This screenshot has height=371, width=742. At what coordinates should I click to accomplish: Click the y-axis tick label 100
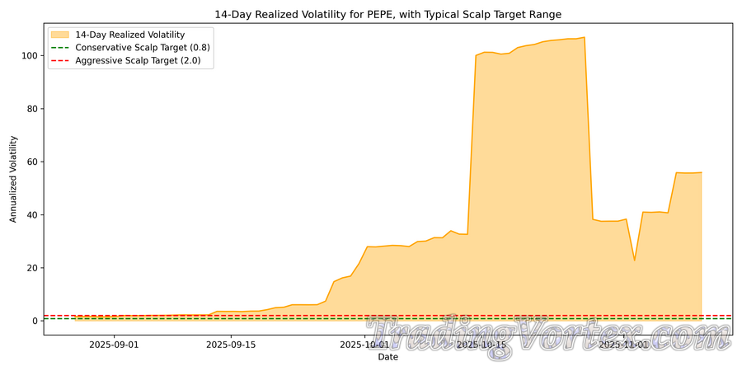pyautogui.click(x=30, y=55)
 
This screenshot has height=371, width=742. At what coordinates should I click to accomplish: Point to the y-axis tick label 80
pyautogui.click(x=32, y=109)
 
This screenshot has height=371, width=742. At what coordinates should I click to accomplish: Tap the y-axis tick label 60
pyautogui.click(x=32, y=162)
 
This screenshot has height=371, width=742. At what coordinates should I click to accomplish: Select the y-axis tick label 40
pyautogui.click(x=32, y=215)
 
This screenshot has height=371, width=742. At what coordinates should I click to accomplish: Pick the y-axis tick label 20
pyautogui.click(x=32, y=268)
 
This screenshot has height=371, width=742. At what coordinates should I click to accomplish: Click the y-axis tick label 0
pyautogui.click(x=35, y=321)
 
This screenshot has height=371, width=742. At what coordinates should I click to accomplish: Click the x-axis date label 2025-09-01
pyautogui.click(x=115, y=345)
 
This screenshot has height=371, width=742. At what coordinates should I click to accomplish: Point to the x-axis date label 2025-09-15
pyautogui.click(x=232, y=345)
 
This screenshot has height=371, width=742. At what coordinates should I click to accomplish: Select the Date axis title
pyautogui.click(x=387, y=357)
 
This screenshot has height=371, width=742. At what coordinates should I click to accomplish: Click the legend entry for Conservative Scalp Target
pyautogui.click(x=142, y=48)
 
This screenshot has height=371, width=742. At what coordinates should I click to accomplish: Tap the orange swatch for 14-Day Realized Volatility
pyautogui.click(x=60, y=35)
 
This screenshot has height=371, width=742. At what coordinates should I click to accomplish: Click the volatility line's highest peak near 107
pyautogui.click(x=585, y=37)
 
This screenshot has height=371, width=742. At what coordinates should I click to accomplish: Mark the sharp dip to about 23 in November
pyautogui.click(x=634, y=261)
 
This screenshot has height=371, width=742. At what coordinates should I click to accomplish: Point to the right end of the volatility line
pyautogui.click(x=701, y=172)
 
